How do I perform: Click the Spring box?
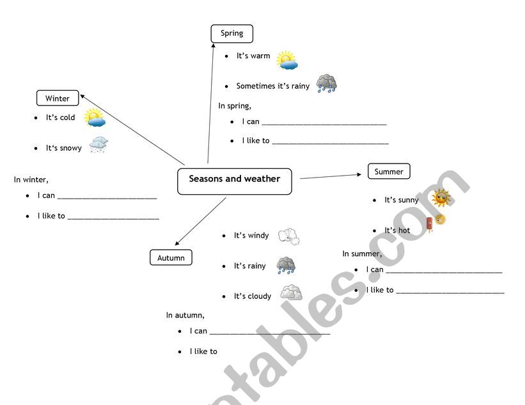point(231,33)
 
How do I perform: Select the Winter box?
point(58,98)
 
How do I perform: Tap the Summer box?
point(389,171)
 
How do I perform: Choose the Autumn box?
point(171,258)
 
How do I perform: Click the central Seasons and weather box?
point(234,181)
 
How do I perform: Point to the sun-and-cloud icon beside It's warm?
point(287,60)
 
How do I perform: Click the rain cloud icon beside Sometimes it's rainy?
point(326,84)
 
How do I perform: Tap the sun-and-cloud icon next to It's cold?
point(94,118)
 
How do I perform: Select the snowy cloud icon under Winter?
point(98,145)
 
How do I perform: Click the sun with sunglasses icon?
point(441,198)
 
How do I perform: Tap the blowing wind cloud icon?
point(289,236)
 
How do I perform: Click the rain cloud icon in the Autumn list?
point(286,265)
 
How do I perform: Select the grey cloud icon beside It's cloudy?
point(291,293)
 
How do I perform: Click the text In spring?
point(235,106)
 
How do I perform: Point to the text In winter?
point(31,180)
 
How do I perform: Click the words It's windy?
point(251,236)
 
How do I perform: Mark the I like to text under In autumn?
point(203,351)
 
